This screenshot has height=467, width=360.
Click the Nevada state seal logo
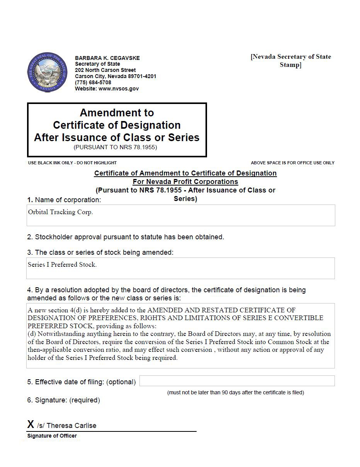[x=48, y=72]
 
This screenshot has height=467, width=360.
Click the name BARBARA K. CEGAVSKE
[x=107, y=58]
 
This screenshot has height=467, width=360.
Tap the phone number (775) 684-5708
[x=93, y=82]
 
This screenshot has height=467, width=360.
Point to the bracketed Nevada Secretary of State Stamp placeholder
[x=290, y=61]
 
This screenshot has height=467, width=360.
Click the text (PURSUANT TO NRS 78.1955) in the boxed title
[x=115, y=147]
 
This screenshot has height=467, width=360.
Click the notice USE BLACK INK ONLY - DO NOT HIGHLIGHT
[x=72, y=163]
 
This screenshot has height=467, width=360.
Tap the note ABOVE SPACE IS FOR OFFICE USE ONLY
[x=292, y=163]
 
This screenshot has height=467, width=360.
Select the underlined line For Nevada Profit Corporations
[x=185, y=182]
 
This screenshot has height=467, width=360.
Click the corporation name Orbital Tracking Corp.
[x=61, y=212]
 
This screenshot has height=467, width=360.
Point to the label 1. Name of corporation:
[x=64, y=200]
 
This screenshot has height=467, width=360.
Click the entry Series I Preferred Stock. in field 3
[x=62, y=265]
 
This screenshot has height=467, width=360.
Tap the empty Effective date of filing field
[x=237, y=381]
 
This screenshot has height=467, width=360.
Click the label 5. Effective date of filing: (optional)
[x=82, y=382]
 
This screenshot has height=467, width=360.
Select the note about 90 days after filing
[x=235, y=392]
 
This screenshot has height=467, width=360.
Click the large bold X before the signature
[x=31, y=424]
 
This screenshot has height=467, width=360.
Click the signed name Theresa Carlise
[x=71, y=426]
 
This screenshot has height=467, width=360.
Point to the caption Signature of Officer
[x=52, y=436]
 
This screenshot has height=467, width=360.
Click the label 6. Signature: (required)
[x=63, y=400]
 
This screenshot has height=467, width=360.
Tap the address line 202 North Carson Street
[x=105, y=70]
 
